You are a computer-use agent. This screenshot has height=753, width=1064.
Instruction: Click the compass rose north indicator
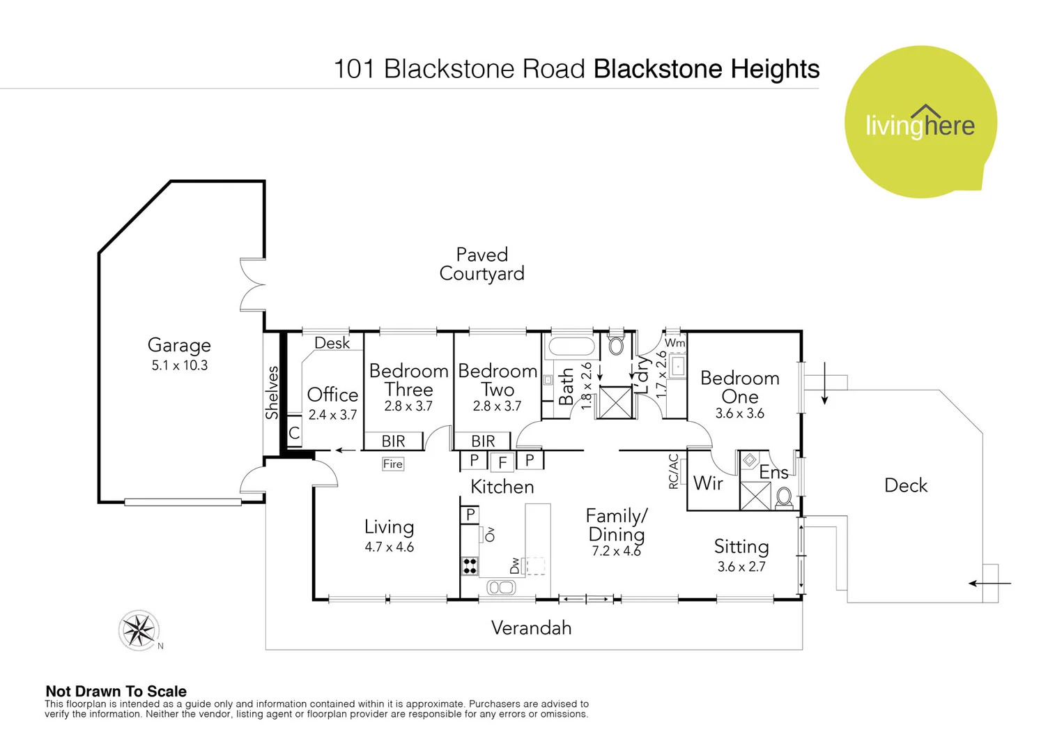tap(139, 630)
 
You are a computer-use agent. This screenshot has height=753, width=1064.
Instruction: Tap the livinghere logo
tap(920, 123)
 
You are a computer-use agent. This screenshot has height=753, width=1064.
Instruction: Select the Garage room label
tap(179, 345)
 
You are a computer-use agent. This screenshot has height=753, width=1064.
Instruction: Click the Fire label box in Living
tap(393, 464)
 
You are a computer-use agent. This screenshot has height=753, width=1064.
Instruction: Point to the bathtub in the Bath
tap(571, 347)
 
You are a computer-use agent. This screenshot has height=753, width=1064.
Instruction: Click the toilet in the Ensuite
tap(784, 497)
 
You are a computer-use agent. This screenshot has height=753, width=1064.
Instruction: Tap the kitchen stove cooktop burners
tap(470, 565)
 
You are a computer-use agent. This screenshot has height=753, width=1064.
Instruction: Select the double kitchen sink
tap(501, 587)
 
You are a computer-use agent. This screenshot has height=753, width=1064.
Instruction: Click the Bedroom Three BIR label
tap(394, 441)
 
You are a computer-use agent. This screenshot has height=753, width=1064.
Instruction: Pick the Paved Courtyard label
tap(481, 264)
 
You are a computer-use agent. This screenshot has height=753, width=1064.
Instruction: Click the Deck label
tap(905, 485)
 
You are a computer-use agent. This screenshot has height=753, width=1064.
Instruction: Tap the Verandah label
tap(531, 628)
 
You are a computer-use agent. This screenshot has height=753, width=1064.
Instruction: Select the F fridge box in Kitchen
tap(502, 462)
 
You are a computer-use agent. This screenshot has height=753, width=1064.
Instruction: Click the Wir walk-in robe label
tap(708, 483)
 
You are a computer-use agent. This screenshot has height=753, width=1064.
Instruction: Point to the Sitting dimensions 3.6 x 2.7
tap(741, 567)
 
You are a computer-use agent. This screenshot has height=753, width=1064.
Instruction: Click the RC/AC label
tap(673, 471)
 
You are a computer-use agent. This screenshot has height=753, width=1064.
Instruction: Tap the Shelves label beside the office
tap(272, 393)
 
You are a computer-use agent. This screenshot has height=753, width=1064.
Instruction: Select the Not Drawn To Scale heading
tap(116, 691)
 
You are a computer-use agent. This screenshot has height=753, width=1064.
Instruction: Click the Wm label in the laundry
tap(674, 343)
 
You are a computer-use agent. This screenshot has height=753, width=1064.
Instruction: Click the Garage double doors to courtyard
tap(252, 284)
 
